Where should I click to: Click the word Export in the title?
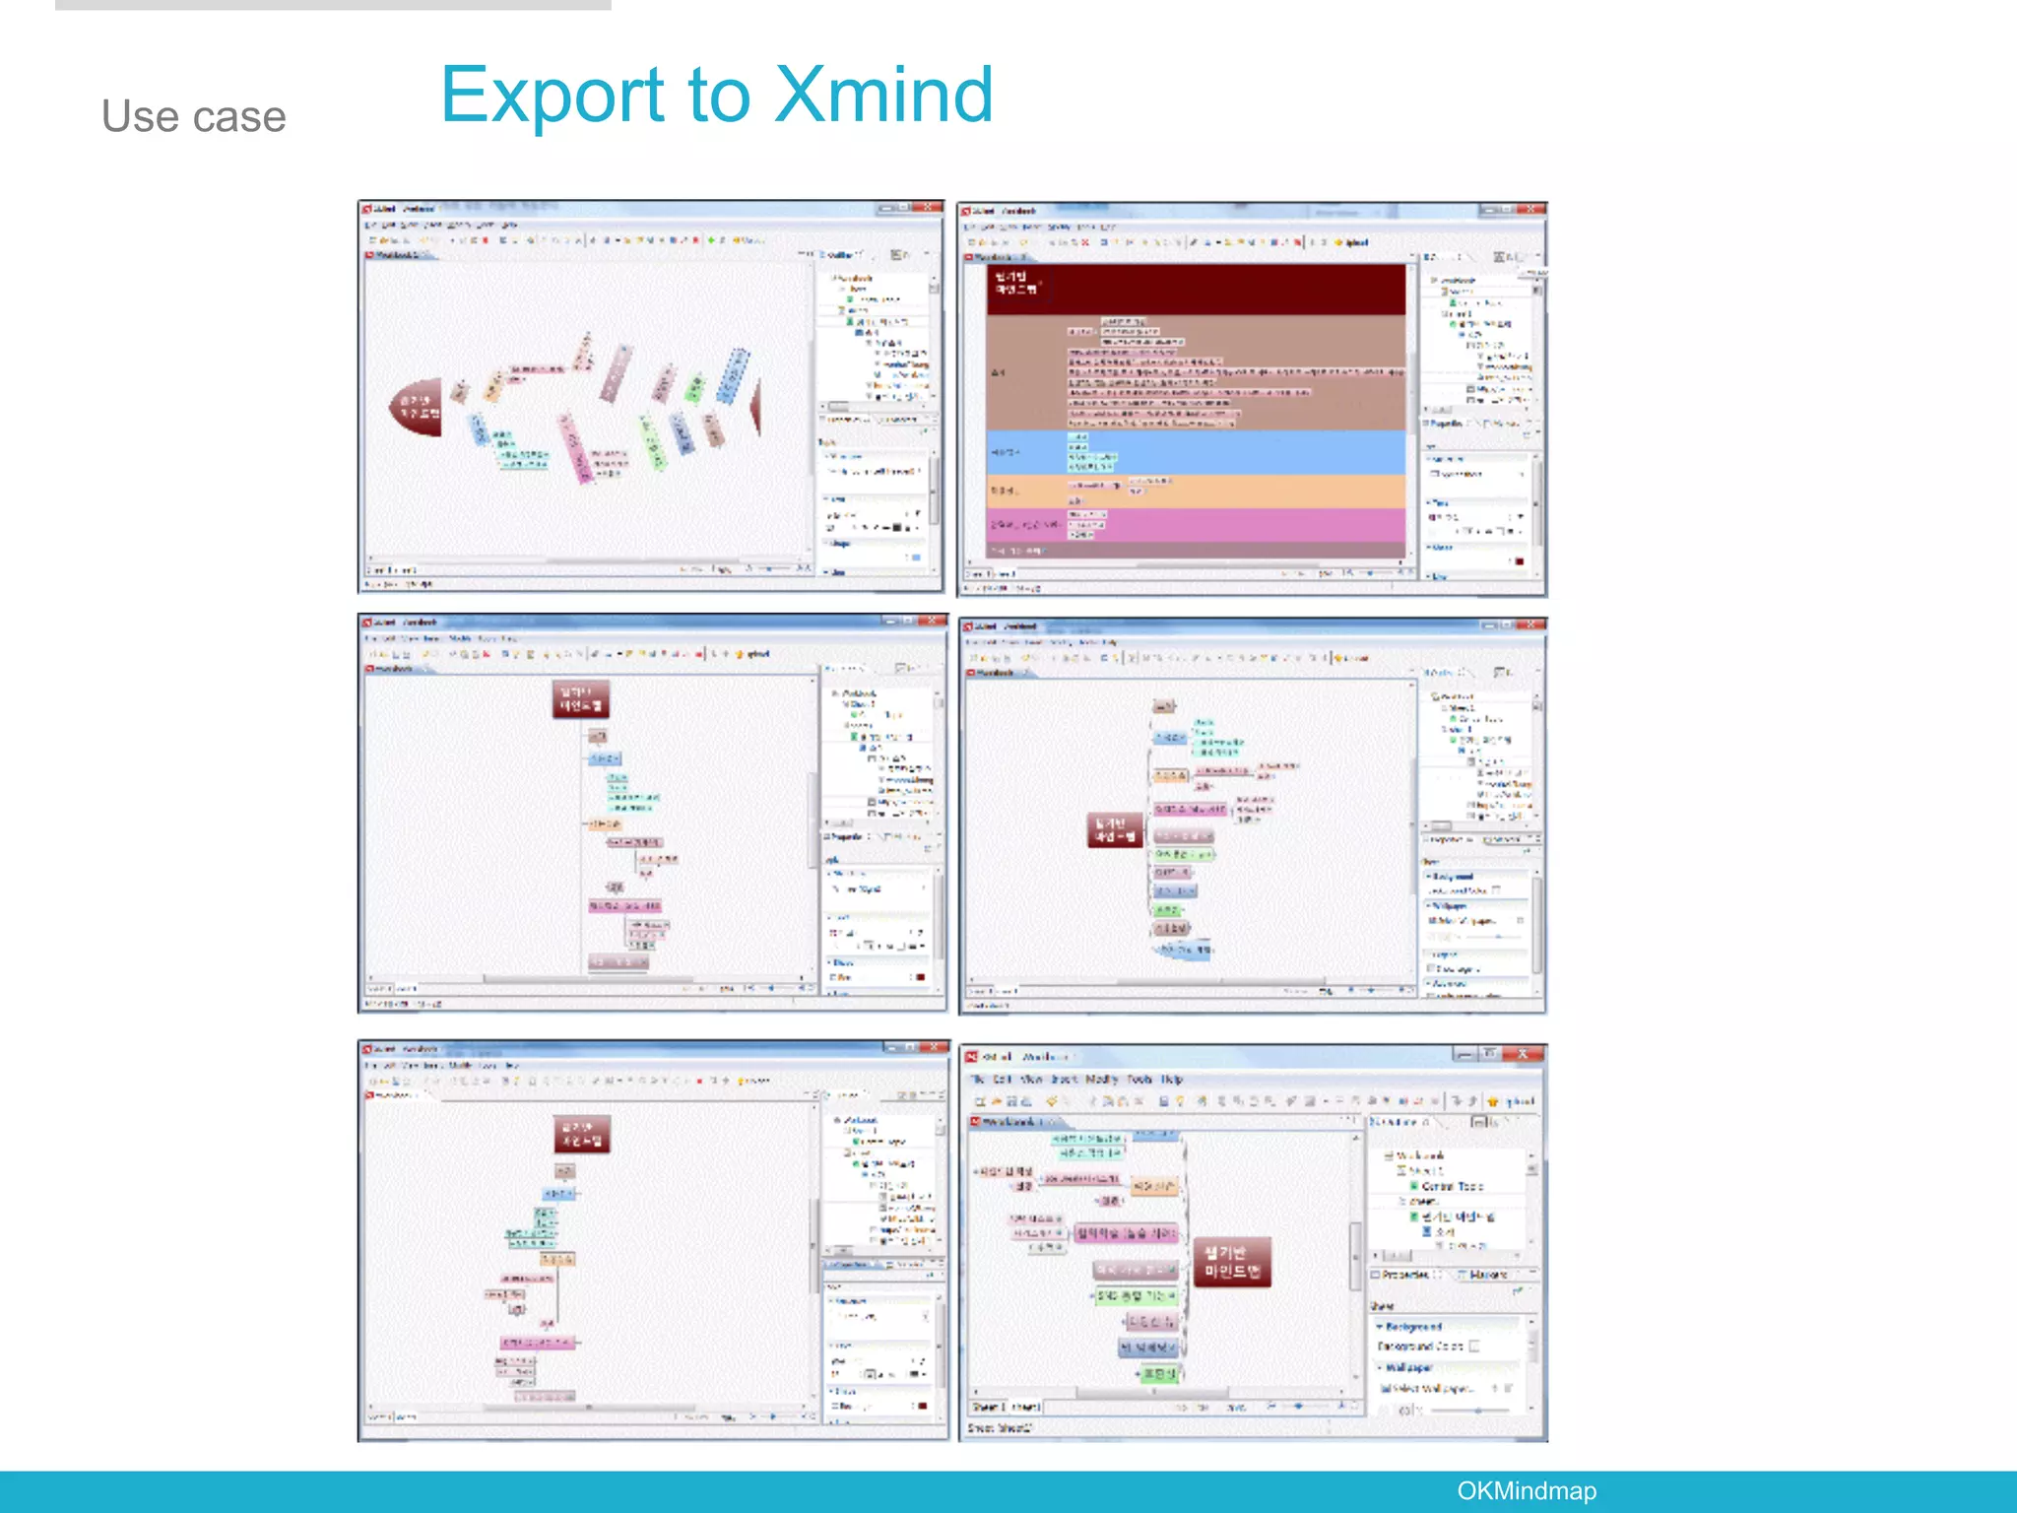(x=553, y=96)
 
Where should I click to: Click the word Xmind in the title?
(x=883, y=96)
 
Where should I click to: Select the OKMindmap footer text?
(x=1526, y=1490)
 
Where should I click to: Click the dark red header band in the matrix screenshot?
(x=1196, y=289)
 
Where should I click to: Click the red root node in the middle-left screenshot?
(x=581, y=698)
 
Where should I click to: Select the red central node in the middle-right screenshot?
(x=1116, y=829)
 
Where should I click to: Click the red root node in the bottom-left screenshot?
(x=582, y=1134)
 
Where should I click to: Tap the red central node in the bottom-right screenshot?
(x=1232, y=1263)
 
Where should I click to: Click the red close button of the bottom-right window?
(x=1523, y=1054)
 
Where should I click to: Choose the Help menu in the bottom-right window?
(x=1172, y=1080)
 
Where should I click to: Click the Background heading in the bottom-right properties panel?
(x=1413, y=1327)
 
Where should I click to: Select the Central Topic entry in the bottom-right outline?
(x=1452, y=1186)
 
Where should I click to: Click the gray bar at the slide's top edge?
(x=333, y=5)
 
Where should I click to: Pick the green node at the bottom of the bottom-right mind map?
(x=1160, y=1373)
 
